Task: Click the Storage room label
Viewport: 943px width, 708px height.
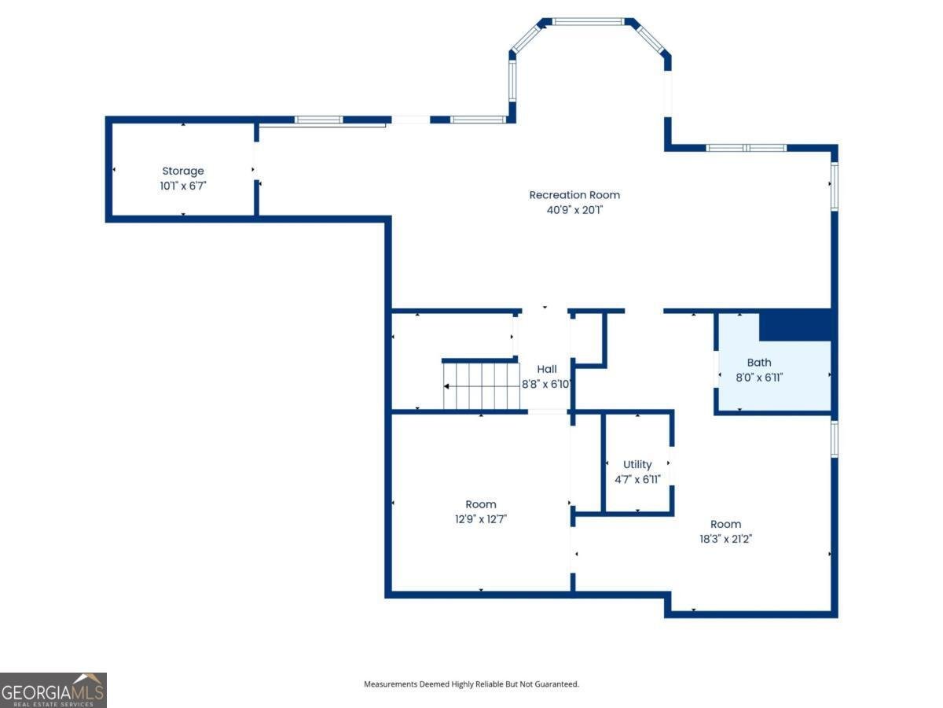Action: [183, 171]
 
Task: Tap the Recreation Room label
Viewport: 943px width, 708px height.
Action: [574, 195]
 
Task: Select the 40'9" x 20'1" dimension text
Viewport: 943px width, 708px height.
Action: [574, 210]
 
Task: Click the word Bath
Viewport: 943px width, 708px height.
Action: [758, 363]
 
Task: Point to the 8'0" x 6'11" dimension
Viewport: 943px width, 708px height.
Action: [759, 378]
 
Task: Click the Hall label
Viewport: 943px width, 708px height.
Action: [546, 369]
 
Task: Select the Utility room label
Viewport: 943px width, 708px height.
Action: [637, 464]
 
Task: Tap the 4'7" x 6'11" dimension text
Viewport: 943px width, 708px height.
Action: [637, 479]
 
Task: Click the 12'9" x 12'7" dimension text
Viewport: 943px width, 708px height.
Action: [481, 519]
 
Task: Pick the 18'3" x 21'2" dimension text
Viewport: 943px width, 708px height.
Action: [725, 539]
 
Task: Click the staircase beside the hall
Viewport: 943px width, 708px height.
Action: [481, 385]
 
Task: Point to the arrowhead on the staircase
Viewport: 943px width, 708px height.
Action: [446, 386]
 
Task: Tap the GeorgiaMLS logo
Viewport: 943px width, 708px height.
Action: [53, 690]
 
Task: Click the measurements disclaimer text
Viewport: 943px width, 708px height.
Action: [472, 684]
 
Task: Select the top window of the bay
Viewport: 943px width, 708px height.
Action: [587, 21]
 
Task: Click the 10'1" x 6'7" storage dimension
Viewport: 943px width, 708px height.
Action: [183, 186]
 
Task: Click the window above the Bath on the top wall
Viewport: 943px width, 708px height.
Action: [747, 148]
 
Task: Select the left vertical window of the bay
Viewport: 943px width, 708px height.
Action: [512, 81]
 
